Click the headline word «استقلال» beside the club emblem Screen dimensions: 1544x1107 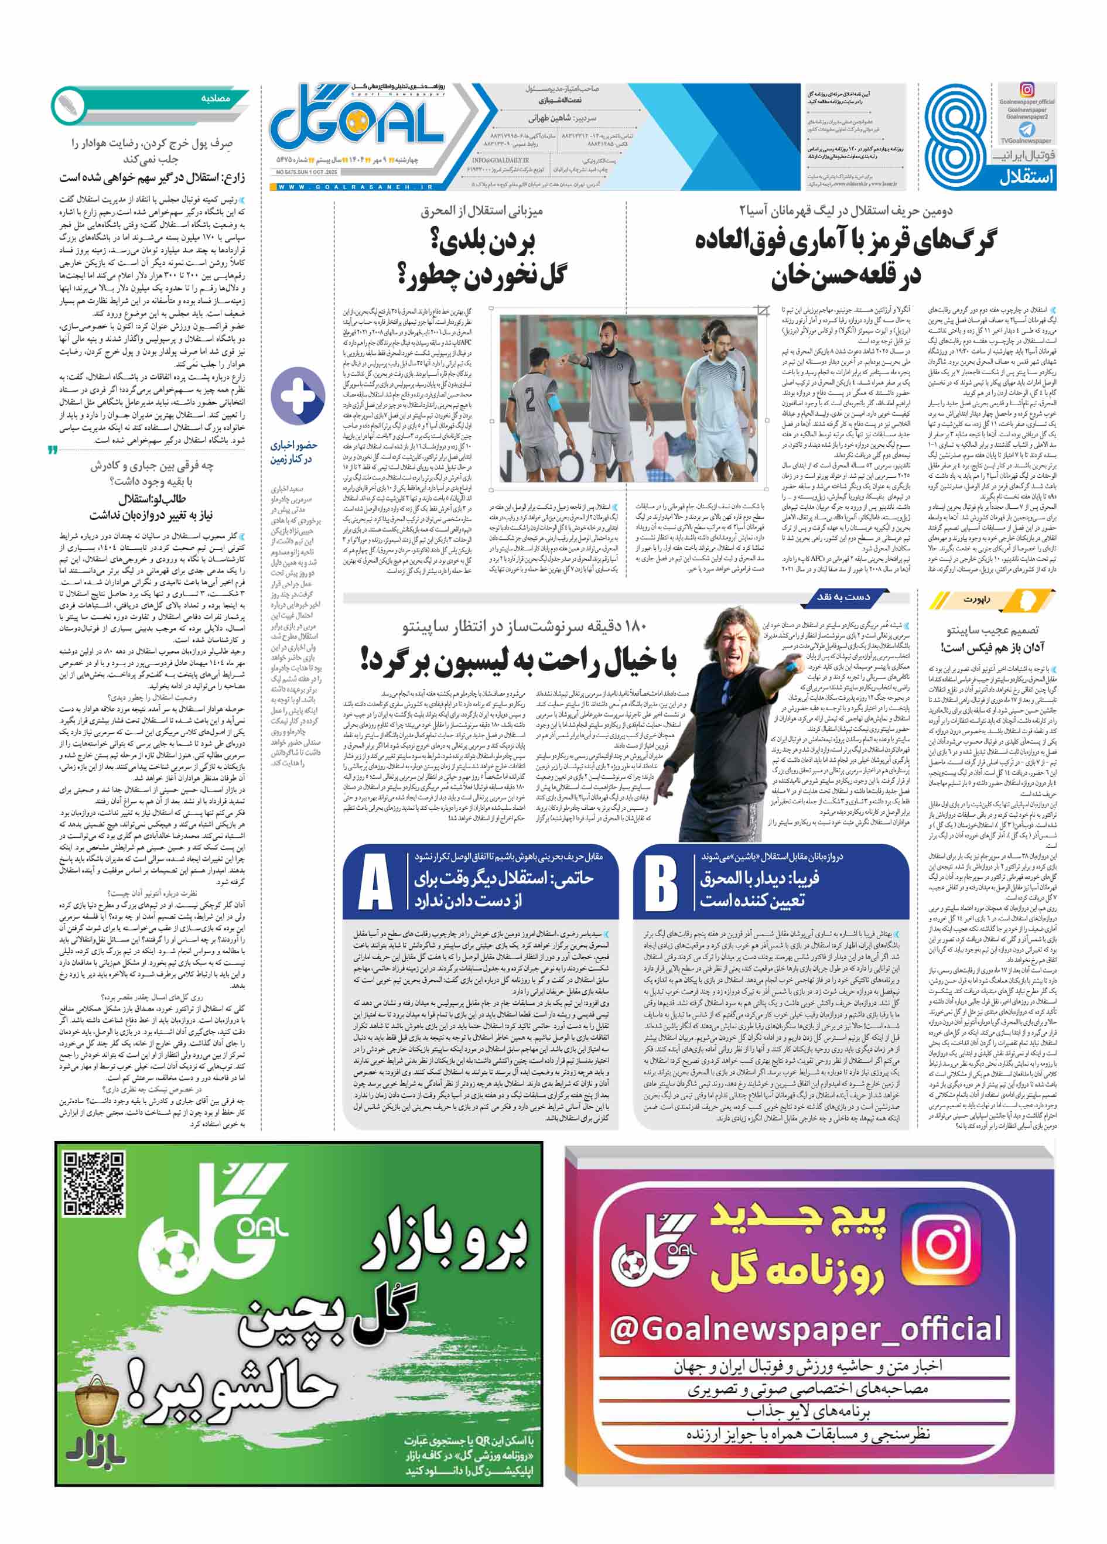pyautogui.click(x=1027, y=177)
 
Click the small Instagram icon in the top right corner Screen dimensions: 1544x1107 pyautogui.click(x=1027, y=89)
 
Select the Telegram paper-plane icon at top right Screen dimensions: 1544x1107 pyautogui.click(x=1027, y=129)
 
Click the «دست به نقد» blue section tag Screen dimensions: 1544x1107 pyautogui.click(x=843, y=597)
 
